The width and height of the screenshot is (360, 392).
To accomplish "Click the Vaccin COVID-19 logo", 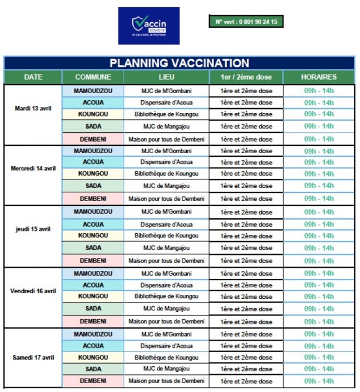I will point(148,25).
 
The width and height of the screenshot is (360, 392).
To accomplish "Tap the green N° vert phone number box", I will point(246,22).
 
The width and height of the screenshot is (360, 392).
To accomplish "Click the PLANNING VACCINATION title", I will point(179,63).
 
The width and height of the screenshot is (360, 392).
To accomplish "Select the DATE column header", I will point(33,77).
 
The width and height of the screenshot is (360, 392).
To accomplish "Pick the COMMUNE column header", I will point(93,77).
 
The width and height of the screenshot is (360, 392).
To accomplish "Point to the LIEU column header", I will point(167,77).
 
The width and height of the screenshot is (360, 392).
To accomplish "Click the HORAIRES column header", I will point(319,77).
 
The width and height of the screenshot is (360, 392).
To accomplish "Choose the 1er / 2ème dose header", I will point(246,77).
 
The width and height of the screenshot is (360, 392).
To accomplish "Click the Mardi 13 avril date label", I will point(33,109).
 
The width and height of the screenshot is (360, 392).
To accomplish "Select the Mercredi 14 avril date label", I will point(33,169).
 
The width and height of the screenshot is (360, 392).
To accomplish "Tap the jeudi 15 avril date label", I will point(33,229).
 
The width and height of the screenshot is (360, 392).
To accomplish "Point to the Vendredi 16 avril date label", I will point(33,291).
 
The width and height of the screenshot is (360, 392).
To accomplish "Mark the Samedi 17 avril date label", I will point(33,357).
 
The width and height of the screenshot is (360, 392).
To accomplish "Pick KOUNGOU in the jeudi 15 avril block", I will point(93,235).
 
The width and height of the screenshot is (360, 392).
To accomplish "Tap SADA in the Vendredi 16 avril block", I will point(93,309).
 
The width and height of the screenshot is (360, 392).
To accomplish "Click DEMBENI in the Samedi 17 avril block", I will point(93,381).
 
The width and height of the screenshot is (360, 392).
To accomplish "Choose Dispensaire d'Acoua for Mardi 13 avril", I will point(167,102).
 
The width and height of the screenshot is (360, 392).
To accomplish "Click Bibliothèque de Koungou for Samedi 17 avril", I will point(167,357).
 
